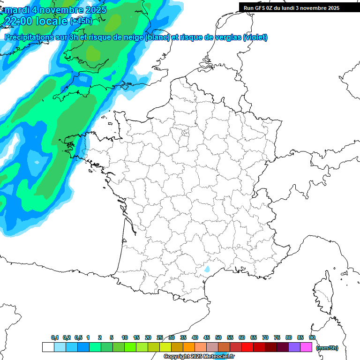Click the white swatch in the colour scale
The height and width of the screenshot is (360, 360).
pyautogui.click(x=48, y=347)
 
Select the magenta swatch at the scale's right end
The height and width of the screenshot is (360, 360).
pyautogui.click(x=306, y=347)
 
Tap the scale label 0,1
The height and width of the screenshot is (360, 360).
pyautogui.click(x=55, y=337)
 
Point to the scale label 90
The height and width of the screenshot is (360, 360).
pyautogui.click(x=312, y=337)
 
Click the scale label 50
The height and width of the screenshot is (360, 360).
pyautogui.click(x=218, y=337)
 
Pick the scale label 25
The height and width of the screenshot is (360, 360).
pyautogui.click(x=160, y=337)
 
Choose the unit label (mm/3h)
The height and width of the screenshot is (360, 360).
pyautogui.click(x=327, y=347)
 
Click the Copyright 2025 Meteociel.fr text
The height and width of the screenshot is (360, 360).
pyautogui.click(x=199, y=357)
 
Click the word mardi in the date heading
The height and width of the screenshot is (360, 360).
pyautogui.click(x=16, y=9)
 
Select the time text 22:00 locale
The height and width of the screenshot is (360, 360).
pyautogui.click(x=36, y=21)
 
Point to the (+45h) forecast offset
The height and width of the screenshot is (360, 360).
pyautogui.click(x=81, y=21)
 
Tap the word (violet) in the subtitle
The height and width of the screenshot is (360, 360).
pyautogui.click(x=255, y=37)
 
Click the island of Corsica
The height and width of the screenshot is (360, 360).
pyautogui.click(x=323, y=295)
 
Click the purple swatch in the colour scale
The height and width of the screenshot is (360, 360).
pyautogui.click(x=294, y=347)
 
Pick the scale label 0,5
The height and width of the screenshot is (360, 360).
pyautogui.click(x=78, y=337)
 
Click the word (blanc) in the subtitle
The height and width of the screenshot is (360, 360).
pyautogui.click(x=157, y=37)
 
